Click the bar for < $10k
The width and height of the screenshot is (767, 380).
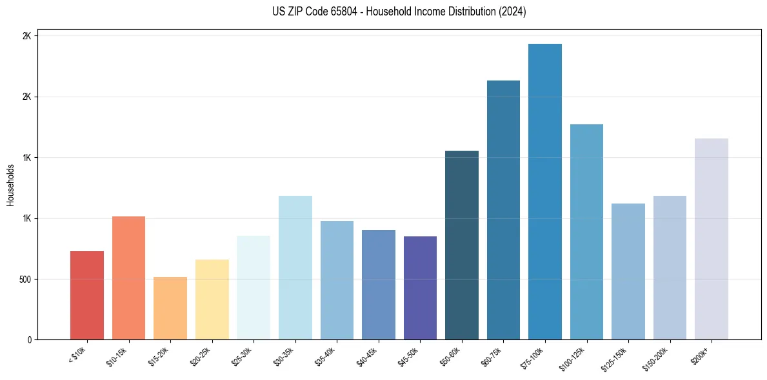point(87,295)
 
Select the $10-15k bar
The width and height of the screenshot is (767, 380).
point(128,278)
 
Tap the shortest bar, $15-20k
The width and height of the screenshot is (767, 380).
point(170,308)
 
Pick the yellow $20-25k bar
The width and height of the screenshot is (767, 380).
point(212,299)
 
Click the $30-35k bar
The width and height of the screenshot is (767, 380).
point(295,267)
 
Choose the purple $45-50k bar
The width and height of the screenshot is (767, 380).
point(420,288)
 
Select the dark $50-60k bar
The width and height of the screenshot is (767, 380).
point(462,245)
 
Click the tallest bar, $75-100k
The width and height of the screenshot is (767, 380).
point(545,191)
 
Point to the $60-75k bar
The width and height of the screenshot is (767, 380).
point(503,210)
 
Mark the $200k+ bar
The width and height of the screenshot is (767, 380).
point(712,239)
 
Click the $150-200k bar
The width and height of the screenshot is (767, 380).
point(670,267)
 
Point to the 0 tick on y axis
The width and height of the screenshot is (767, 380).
point(28,340)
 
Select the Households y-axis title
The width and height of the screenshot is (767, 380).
point(10,185)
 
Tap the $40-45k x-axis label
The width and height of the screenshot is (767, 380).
point(366,357)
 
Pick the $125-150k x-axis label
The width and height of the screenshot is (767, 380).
point(615,359)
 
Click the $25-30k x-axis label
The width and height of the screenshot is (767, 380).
point(241,357)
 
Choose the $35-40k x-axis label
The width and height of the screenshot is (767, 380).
point(324,357)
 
